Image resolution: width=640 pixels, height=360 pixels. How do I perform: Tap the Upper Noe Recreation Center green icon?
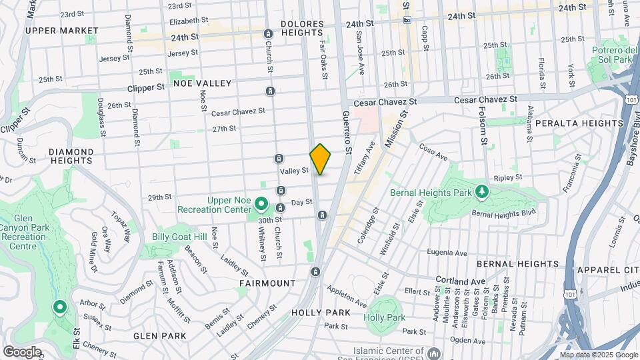261,204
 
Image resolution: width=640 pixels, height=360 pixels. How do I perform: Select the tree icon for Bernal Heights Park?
481,193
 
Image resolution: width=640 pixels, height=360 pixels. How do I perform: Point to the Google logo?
21,352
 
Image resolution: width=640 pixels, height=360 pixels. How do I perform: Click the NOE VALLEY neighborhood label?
202,83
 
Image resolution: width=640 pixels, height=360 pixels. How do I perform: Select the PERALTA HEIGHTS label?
587,123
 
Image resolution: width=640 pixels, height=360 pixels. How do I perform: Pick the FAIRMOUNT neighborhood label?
267,283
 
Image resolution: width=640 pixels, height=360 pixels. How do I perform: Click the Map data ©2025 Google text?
598,355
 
